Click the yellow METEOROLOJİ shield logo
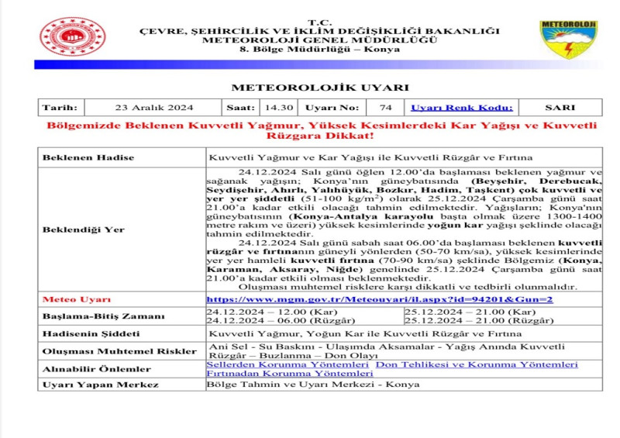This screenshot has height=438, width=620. (569, 40)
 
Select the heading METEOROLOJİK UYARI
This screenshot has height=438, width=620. (319, 88)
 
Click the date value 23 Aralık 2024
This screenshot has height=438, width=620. (153, 108)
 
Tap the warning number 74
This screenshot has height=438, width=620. (385, 108)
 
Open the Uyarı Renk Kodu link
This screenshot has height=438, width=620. (462, 108)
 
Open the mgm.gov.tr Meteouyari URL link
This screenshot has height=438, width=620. (379, 299)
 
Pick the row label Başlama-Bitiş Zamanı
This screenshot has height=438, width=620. (103, 316)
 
